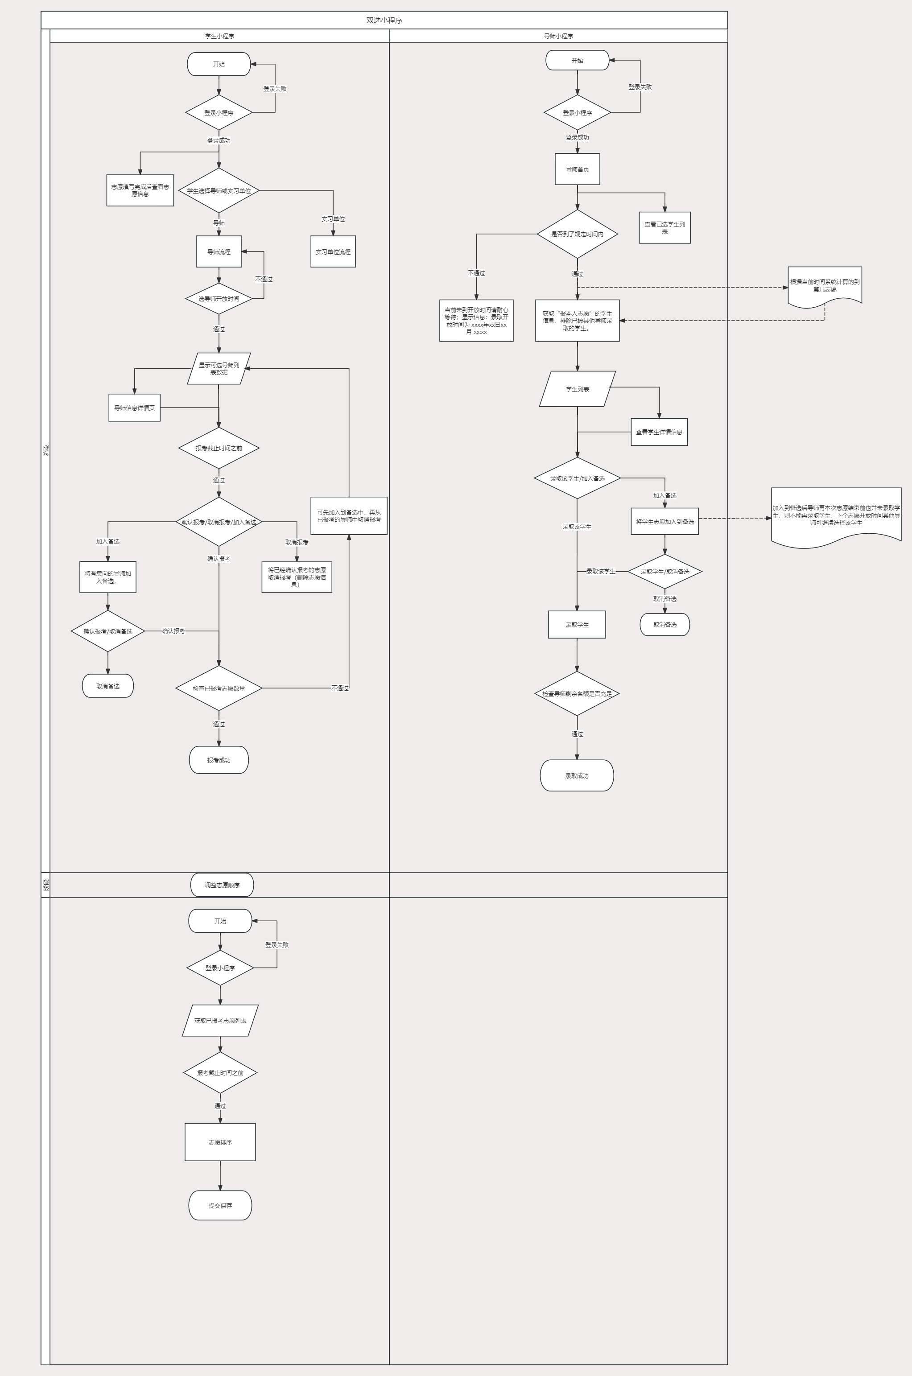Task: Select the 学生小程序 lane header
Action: (219, 36)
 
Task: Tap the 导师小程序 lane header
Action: (558, 36)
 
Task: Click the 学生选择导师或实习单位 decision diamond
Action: (219, 191)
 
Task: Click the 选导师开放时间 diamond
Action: (219, 299)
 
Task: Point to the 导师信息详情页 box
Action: (134, 408)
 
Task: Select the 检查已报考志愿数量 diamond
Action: (219, 688)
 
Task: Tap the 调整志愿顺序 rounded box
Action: (222, 885)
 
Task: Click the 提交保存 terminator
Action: (220, 1206)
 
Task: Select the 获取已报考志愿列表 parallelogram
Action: (220, 1021)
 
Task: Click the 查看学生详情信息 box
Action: (659, 432)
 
